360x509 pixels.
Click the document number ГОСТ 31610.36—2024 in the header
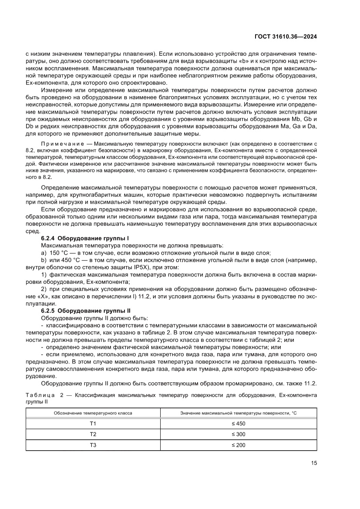tap(285, 37)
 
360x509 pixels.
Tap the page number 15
tap(313, 463)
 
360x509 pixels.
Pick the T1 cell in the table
tap(93, 423)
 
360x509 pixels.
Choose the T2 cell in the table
tap(93, 434)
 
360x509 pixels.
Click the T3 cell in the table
tap(93, 445)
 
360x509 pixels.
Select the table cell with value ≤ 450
tap(239, 423)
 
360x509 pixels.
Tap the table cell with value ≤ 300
tap(239, 434)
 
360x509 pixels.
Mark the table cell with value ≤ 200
tap(239, 445)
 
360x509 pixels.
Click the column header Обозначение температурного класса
tap(93, 412)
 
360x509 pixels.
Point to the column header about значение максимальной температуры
tap(239, 412)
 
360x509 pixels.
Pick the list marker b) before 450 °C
tap(43, 260)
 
